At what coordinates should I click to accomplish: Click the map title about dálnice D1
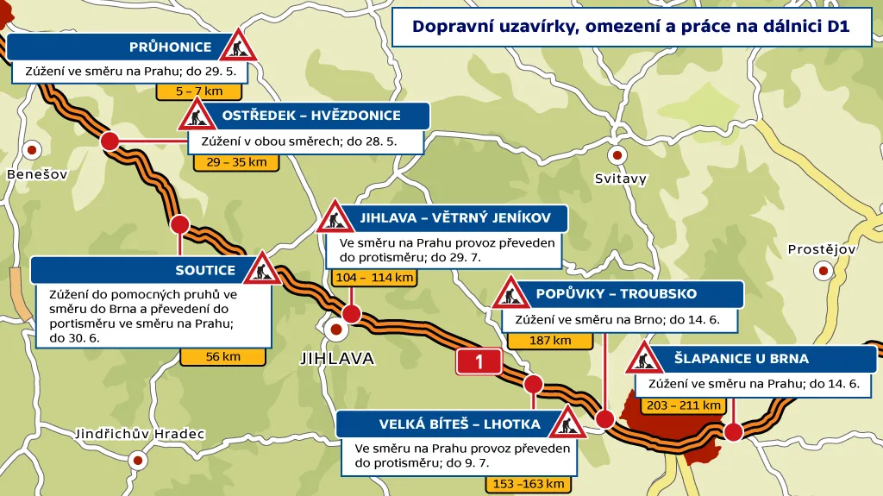pyautogui.click(x=631, y=27)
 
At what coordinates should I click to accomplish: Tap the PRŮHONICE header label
pyautogui.click(x=170, y=47)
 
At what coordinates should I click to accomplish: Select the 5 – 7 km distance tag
pyautogui.click(x=198, y=91)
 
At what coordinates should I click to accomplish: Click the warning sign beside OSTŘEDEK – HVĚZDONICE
pyautogui.click(x=197, y=114)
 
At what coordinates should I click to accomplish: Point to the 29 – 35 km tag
pyautogui.click(x=236, y=162)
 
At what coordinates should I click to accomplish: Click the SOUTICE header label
pyautogui.click(x=205, y=270)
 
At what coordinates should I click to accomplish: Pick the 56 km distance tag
pyautogui.click(x=222, y=356)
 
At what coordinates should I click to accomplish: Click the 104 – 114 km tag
pyautogui.click(x=373, y=278)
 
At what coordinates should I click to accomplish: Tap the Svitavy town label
pyautogui.click(x=620, y=179)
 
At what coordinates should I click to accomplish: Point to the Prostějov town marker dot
pyautogui.click(x=823, y=270)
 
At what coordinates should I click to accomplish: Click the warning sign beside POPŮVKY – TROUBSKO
pyautogui.click(x=511, y=294)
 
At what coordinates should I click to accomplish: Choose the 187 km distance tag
pyautogui.click(x=550, y=341)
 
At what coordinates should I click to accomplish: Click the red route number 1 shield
pyautogui.click(x=479, y=362)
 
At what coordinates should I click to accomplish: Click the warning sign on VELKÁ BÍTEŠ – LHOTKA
pyautogui.click(x=568, y=422)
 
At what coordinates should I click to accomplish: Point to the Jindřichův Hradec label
pyautogui.click(x=140, y=433)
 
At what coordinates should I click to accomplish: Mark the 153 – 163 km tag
pyautogui.click(x=529, y=484)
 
